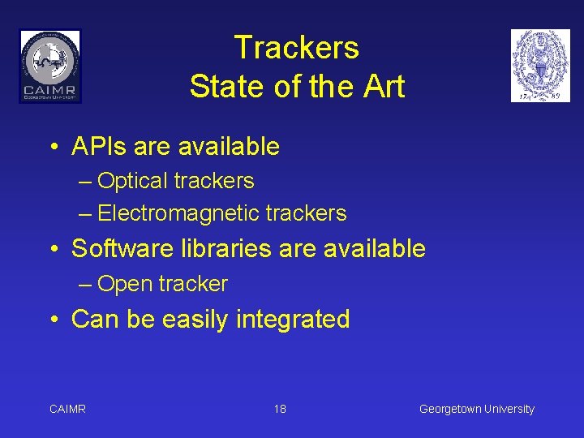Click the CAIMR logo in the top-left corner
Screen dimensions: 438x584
pyautogui.click(x=50, y=66)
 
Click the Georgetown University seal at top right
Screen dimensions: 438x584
pyautogui.click(x=540, y=66)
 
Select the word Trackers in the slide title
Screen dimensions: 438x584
pyautogui.click(x=296, y=48)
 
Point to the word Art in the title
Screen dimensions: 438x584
pyautogui.click(x=382, y=86)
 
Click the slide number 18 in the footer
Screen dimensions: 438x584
pyautogui.click(x=280, y=409)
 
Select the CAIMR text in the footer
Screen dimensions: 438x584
pyautogui.click(x=67, y=409)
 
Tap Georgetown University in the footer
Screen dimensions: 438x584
pyautogui.click(x=476, y=409)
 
